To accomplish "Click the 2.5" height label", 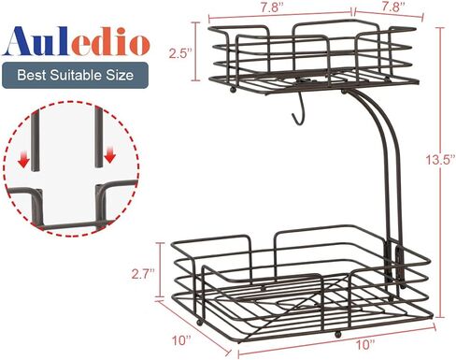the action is point(179,53).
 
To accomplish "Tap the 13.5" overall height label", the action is point(440,160).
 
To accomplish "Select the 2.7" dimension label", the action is point(143,274).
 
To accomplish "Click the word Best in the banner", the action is point(32,76).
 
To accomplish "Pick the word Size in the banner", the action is point(120,76).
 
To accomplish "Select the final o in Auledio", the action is point(140,46).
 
